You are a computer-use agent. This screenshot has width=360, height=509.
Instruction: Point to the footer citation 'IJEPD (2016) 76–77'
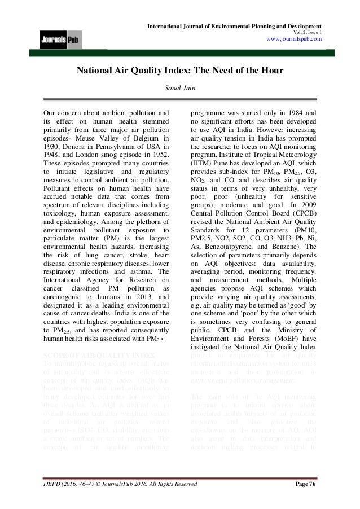(x=67, y=484)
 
